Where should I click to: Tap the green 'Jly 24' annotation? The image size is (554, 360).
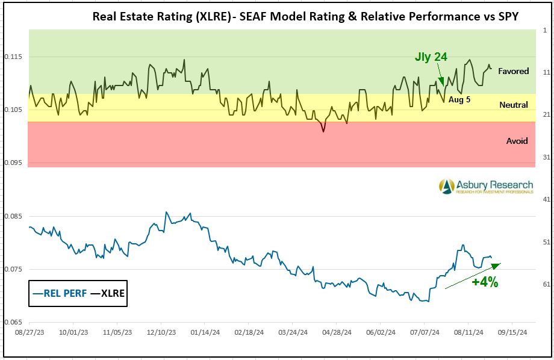click(x=431, y=57)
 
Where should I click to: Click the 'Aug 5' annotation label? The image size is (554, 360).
click(x=459, y=99)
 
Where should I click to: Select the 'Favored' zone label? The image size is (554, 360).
click(x=513, y=71)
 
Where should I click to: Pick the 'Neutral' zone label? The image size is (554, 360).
click(x=513, y=105)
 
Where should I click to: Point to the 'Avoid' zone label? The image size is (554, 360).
click(x=517, y=141)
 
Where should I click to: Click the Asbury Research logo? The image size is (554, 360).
click(x=486, y=186)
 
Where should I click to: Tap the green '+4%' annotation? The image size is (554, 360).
click(x=484, y=282)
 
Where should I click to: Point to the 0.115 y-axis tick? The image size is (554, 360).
click(x=13, y=57)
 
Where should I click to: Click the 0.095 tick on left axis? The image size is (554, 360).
click(x=13, y=163)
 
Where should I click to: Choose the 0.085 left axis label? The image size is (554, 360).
click(x=13, y=216)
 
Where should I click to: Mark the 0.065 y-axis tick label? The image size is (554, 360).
click(x=13, y=323)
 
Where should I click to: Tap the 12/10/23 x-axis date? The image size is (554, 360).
click(x=161, y=332)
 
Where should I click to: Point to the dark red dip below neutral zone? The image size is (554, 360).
click(x=323, y=129)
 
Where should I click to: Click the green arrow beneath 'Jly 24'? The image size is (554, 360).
click(x=441, y=78)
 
